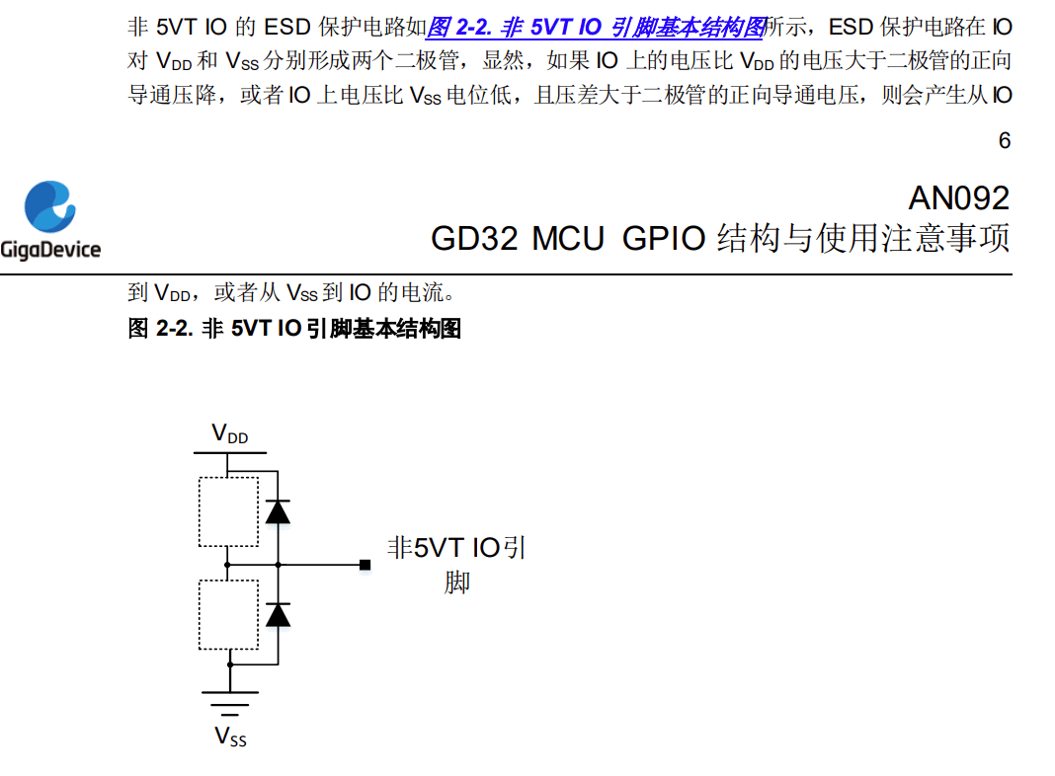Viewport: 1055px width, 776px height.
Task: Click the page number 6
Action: [1004, 141]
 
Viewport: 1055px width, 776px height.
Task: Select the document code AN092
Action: [958, 198]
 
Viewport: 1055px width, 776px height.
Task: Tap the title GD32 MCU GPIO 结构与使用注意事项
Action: [720, 239]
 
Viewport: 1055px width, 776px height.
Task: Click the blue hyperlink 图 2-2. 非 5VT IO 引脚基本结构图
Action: [595, 26]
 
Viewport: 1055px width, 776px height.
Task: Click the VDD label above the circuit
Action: [230, 434]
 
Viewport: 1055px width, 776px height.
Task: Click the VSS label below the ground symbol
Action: [231, 737]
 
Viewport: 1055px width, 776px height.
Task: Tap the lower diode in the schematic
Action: [279, 614]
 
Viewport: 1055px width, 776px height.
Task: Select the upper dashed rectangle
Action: [228, 511]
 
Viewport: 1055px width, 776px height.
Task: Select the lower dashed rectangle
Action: [228, 614]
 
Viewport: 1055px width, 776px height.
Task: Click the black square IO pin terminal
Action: [365, 565]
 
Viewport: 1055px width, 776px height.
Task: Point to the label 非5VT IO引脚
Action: [455, 564]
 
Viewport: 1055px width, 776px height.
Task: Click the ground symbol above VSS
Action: [230, 702]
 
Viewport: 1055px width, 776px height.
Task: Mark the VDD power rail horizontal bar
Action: [230, 454]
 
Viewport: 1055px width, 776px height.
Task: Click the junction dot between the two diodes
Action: [279, 565]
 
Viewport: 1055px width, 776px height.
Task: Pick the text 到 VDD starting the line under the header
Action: [158, 293]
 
